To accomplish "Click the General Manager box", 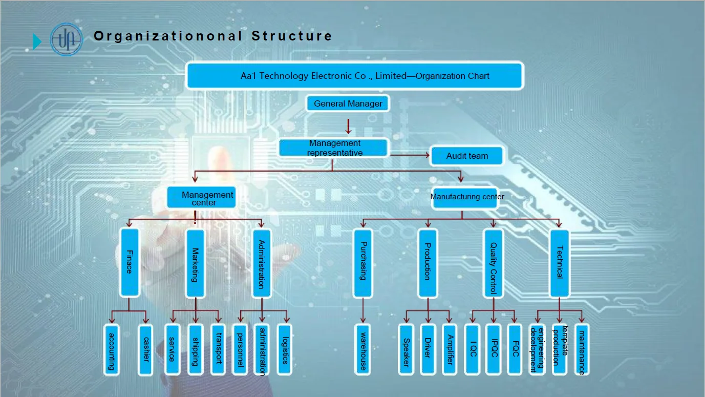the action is [x=348, y=103].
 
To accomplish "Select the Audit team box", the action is [x=467, y=156].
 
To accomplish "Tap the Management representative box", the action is [x=334, y=148].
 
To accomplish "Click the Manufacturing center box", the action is [x=467, y=197].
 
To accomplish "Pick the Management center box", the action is [x=202, y=197].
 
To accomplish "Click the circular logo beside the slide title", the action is [x=66, y=39].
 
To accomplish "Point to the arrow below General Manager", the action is [x=348, y=126].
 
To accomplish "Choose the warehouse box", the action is [x=362, y=349].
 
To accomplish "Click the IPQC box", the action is [x=494, y=349].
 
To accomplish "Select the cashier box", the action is [x=145, y=349].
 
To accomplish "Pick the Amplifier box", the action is [x=449, y=349].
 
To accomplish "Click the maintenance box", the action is [x=581, y=349].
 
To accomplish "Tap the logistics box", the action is [x=284, y=349].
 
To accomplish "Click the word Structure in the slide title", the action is [x=292, y=36].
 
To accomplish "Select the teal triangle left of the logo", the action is [x=37, y=41].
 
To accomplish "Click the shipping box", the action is [x=195, y=349].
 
